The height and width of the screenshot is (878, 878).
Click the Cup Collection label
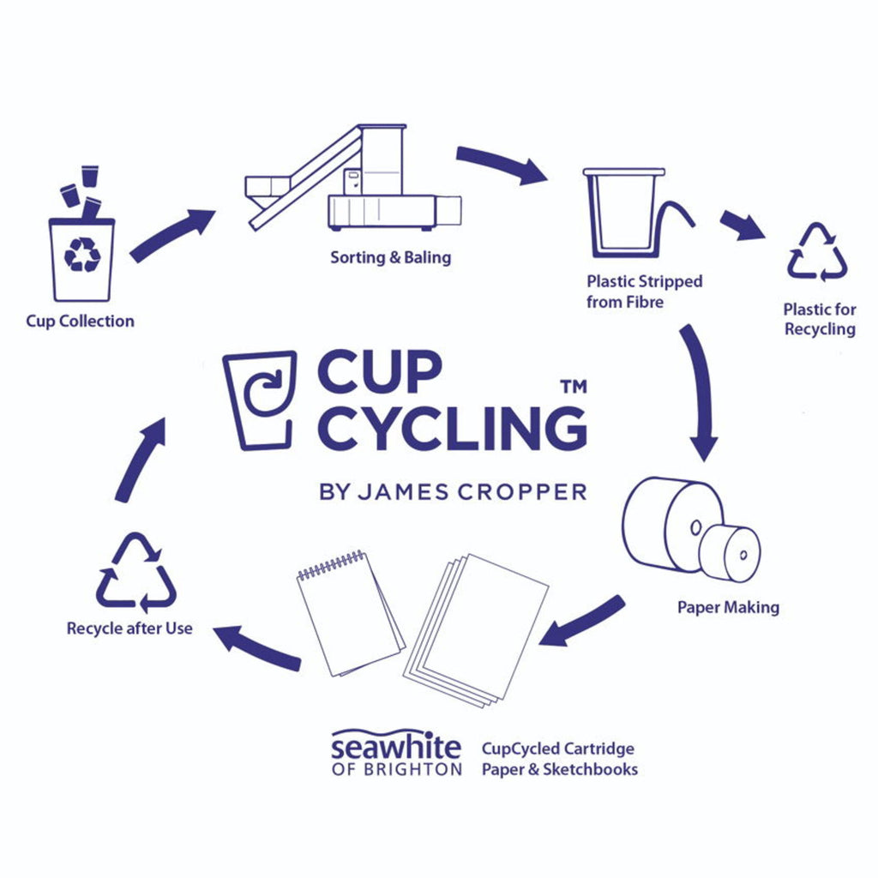tap(80, 322)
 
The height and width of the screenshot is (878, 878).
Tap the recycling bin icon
tap(81, 257)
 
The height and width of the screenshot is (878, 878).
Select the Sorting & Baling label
tap(390, 257)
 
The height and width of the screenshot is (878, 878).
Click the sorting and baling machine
tap(360, 184)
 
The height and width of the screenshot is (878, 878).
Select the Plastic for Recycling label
tap(820, 319)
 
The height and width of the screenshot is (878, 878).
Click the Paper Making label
tap(728, 607)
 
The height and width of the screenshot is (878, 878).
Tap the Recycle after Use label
tap(129, 628)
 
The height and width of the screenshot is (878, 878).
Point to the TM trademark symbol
tap(573, 387)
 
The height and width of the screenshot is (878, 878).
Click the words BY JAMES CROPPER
tap(453, 491)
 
